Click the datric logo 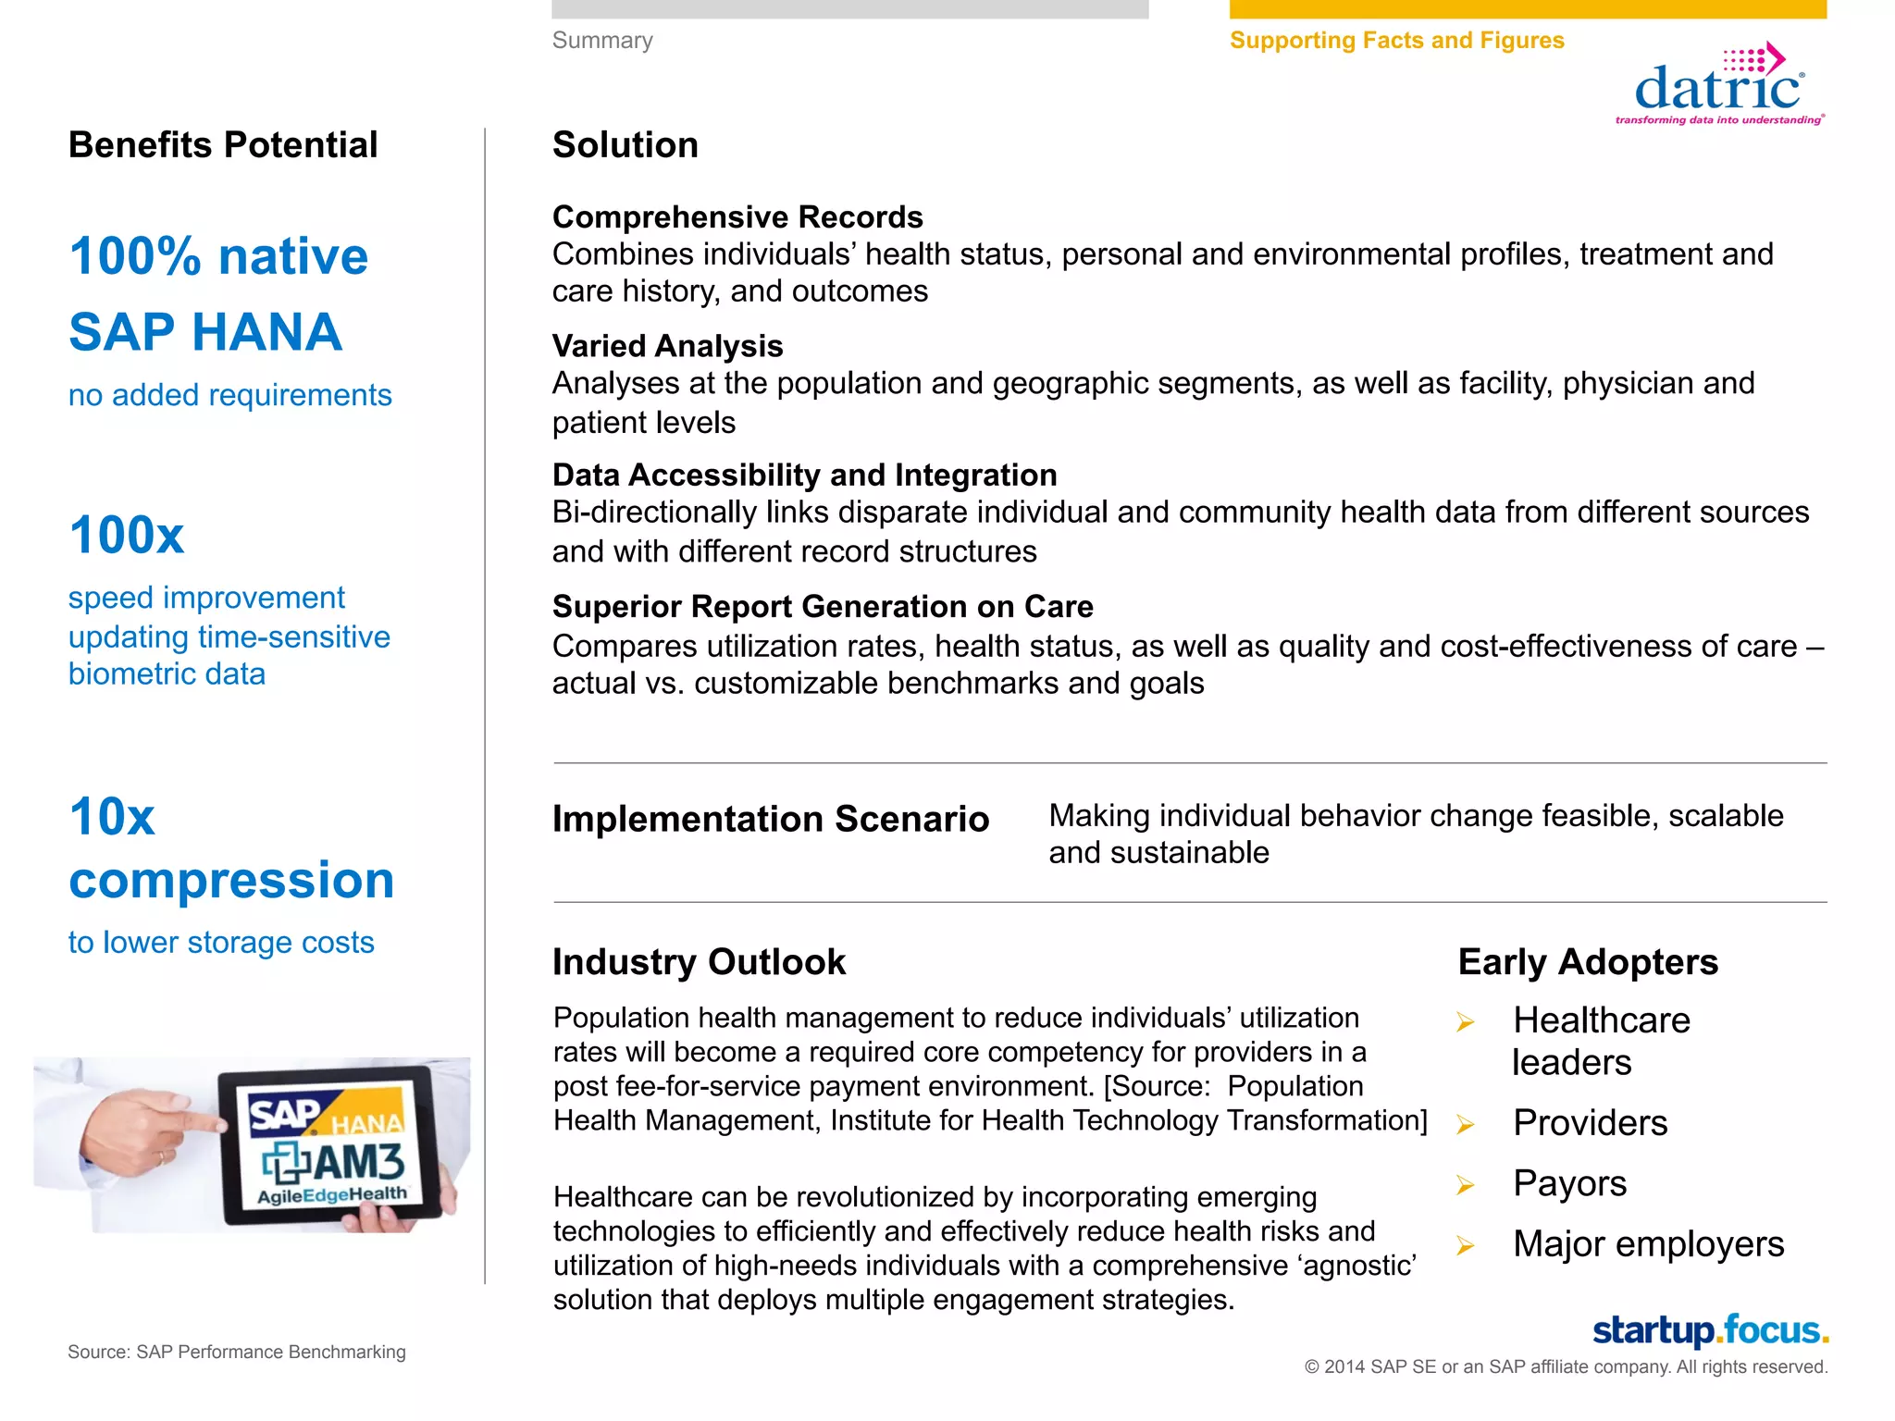[x=1718, y=85]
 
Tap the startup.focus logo [x=1710, y=1330]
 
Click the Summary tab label [x=602, y=41]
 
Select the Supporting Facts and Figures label [x=1396, y=41]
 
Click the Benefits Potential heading [x=223, y=145]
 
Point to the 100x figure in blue [x=127, y=535]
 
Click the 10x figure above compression [x=112, y=817]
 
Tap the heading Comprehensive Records [x=737, y=217]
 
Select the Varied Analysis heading [x=667, y=346]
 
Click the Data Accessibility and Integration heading [x=804, y=475]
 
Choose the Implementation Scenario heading [x=770, y=820]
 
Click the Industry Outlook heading [x=699, y=962]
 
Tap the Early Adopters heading [x=1588, y=962]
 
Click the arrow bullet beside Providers [x=1465, y=1125]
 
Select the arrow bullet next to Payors [x=1465, y=1185]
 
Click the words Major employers [x=1648, y=1244]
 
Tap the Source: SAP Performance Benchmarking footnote [x=237, y=1352]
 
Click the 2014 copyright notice [x=1566, y=1367]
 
